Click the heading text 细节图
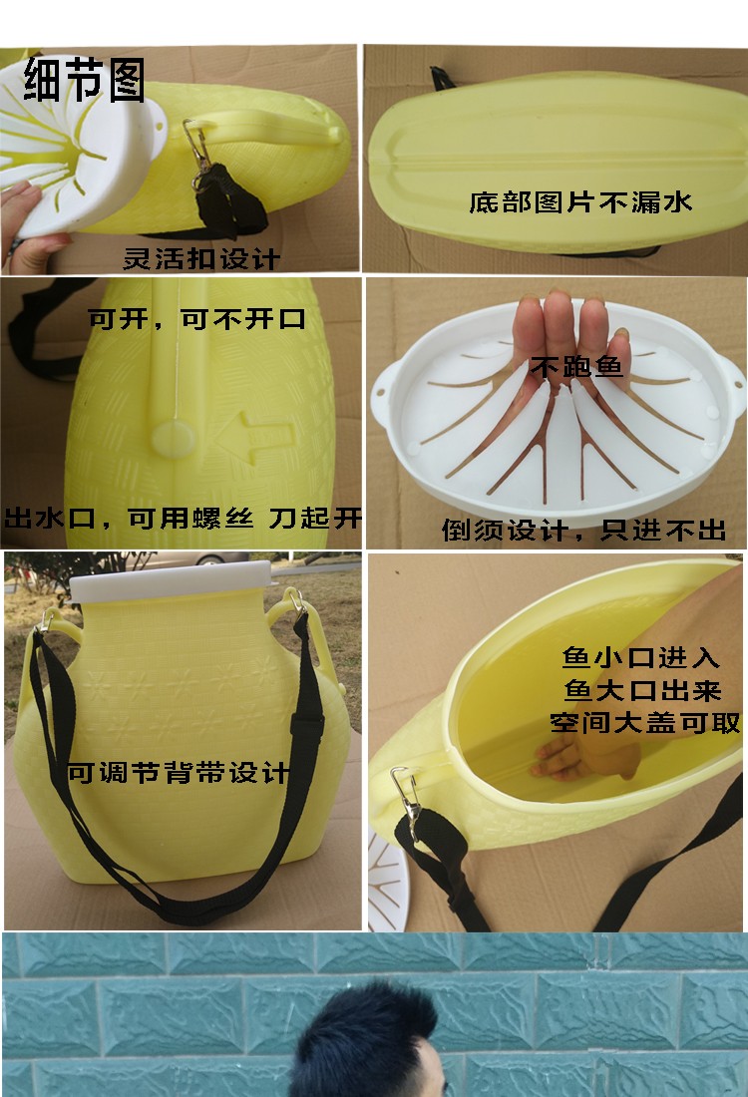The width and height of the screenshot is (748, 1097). click(85, 80)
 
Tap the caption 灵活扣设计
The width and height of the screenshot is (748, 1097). click(200, 259)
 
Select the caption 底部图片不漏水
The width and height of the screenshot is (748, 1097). click(580, 203)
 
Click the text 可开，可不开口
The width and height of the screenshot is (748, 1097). click(196, 320)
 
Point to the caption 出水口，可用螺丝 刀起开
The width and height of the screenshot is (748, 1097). click(183, 519)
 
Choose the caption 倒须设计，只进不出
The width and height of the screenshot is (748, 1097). click(584, 530)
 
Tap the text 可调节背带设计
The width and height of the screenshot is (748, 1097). click(179, 773)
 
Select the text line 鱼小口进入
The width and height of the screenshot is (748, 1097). click(640, 658)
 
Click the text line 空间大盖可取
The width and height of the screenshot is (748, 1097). click(644, 723)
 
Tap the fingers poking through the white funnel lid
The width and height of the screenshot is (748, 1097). click(564, 329)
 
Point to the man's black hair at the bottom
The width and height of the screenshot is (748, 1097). click(384, 1027)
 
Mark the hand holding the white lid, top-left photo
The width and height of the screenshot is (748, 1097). click(30, 234)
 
